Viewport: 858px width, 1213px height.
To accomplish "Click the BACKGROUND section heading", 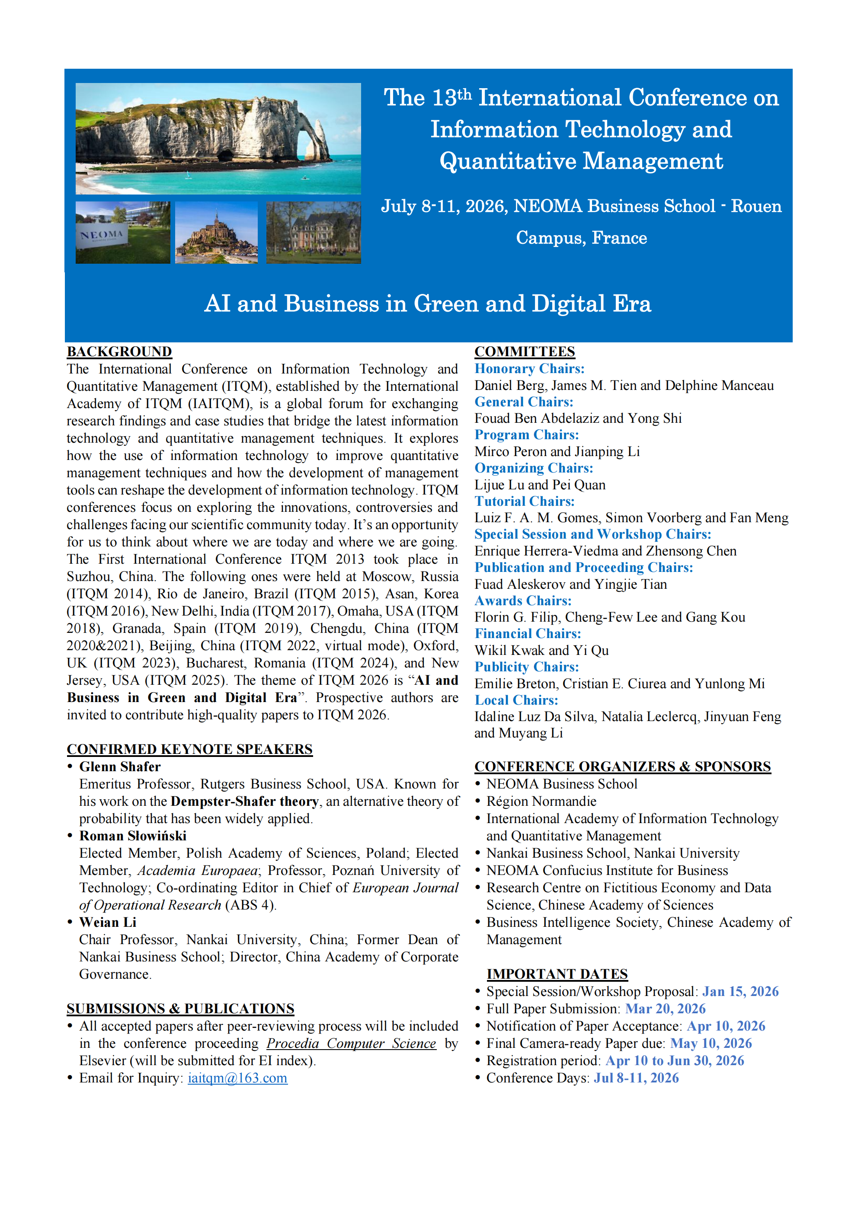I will pyautogui.click(x=119, y=352).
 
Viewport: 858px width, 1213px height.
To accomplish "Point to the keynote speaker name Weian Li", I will pyautogui.click(x=108, y=923).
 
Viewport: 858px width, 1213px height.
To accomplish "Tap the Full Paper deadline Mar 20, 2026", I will pyautogui.click(x=665, y=1009).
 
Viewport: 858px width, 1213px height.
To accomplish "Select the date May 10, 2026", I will pyautogui.click(x=711, y=1044).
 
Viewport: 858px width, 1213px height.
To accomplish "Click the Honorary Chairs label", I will pyautogui.click(x=529, y=369).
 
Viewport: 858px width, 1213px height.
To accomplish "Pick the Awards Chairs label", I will pyautogui.click(x=523, y=601).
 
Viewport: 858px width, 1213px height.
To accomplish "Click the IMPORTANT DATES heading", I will pyautogui.click(x=557, y=974).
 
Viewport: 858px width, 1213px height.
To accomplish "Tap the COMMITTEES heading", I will pyautogui.click(x=525, y=352).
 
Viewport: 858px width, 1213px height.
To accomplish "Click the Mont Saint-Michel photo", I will pyautogui.click(x=216, y=233).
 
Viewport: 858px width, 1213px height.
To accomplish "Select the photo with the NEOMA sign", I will pyautogui.click(x=123, y=233).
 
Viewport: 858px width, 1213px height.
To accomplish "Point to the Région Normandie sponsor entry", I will pyautogui.click(x=541, y=801).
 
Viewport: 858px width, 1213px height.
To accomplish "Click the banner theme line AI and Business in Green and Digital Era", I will pyautogui.click(x=428, y=304).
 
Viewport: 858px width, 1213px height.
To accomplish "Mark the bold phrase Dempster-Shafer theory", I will pyautogui.click(x=245, y=801).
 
